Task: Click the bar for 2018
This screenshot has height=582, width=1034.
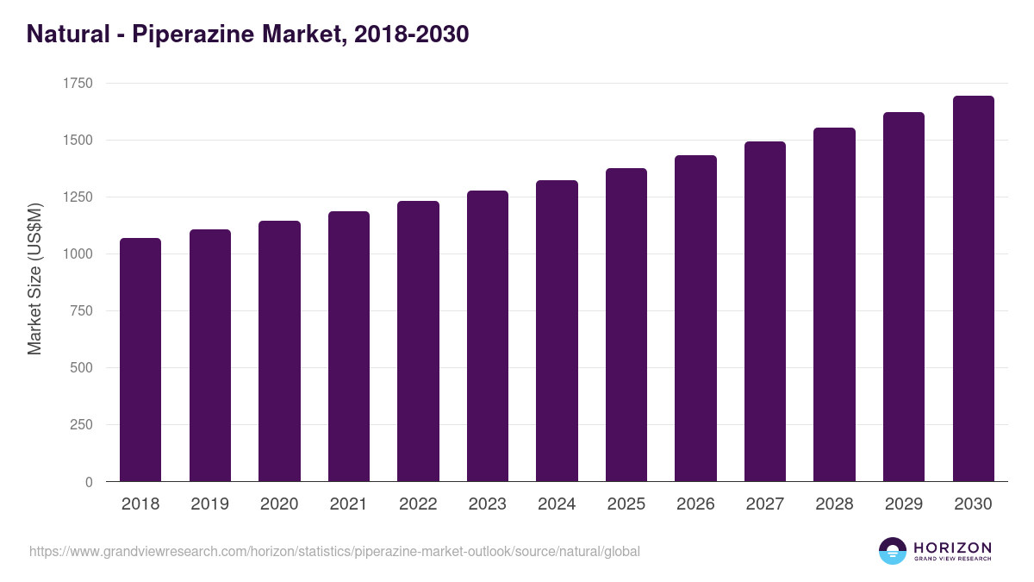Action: click(140, 360)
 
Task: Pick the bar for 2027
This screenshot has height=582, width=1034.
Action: click(765, 311)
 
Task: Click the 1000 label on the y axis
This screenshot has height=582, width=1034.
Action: click(78, 254)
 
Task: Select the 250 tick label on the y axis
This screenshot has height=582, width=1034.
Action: click(82, 425)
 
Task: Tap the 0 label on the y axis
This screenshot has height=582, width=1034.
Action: click(89, 482)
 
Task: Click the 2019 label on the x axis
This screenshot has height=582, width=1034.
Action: click(209, 504)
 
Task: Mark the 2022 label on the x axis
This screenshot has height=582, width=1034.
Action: click(418, 504)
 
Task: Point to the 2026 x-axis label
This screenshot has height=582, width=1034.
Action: click(695, 504)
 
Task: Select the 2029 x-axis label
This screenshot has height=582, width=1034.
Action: click(904, 504)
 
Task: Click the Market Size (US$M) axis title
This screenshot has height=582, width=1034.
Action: click(34, 278)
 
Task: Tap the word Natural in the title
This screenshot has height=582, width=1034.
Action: click(64, 34)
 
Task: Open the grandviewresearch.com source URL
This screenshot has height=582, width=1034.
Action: click(334, 551)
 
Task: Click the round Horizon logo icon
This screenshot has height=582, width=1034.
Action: click(893, 551)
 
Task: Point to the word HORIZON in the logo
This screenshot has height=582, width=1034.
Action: click(952, 548)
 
